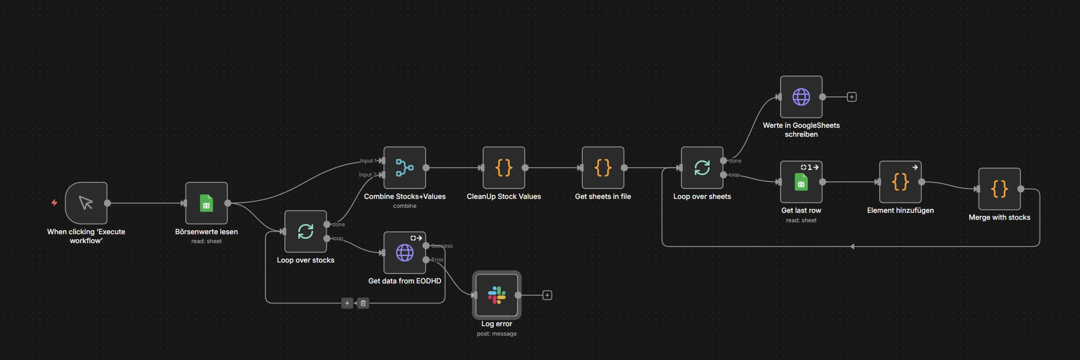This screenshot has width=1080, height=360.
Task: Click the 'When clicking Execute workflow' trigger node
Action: click(x=86, y=203)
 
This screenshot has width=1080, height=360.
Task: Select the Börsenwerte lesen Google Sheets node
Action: click(x=206, y=203)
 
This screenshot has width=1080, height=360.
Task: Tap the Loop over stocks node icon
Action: click(x=305, y=231)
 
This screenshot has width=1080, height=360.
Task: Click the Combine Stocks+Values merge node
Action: click(x=405, y=168)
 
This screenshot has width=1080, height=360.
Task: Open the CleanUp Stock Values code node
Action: click(x=504, y=168)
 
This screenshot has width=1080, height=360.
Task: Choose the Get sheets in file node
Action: click(x=603, y=168)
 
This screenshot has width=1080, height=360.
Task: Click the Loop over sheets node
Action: click(x=702, y=168)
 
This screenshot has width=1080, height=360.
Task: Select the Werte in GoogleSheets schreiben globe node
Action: click(x=801, y=97)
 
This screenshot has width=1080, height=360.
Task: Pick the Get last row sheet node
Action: click(x=801, y=182)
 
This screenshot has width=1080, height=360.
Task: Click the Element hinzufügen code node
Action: click(x=900, y=182)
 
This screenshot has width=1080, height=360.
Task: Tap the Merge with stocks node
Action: click(x=999, y=189)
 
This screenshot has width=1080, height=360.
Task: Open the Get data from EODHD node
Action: click(x=405, y=253)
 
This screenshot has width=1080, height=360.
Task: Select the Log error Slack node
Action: click(x=497, y=295)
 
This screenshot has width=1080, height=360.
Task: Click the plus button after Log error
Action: click(x=547, y=295)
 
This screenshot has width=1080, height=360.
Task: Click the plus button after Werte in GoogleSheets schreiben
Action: click(x=852, y=97)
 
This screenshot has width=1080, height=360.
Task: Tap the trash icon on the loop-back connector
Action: click(x=363, y=303)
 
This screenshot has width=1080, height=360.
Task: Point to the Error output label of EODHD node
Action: click(x=438, y=260)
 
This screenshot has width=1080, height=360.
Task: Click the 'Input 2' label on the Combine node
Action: click(x=368, y=175)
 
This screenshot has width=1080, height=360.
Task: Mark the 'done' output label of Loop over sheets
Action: click(x=735, y=161)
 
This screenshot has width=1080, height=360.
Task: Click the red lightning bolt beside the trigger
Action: click(x=54, y=202)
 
